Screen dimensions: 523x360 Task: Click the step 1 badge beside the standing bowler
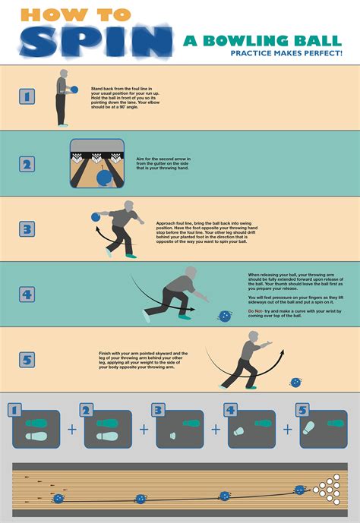[x=27, y=96]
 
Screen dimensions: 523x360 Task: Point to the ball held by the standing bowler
[x=74, y=90]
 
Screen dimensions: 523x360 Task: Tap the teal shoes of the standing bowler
[x=62, y=124]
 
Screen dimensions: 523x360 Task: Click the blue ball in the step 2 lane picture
[x=104, y=178]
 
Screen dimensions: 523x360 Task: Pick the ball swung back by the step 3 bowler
[x=96, y=217]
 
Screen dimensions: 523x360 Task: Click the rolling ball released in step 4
[x=225, y=315]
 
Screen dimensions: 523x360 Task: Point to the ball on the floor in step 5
[x=296, y=383]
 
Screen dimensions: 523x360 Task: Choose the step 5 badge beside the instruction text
[x=27, y=359]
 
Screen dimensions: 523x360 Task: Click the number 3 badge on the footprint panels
[x=158, y=411]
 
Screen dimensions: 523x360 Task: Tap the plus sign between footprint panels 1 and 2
[x=72, y=429]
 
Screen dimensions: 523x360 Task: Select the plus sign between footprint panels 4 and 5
[x=288, y=429]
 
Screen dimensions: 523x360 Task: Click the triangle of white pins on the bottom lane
[x=330, y=488]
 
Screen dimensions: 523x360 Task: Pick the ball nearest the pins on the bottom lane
[x=300, y=490]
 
